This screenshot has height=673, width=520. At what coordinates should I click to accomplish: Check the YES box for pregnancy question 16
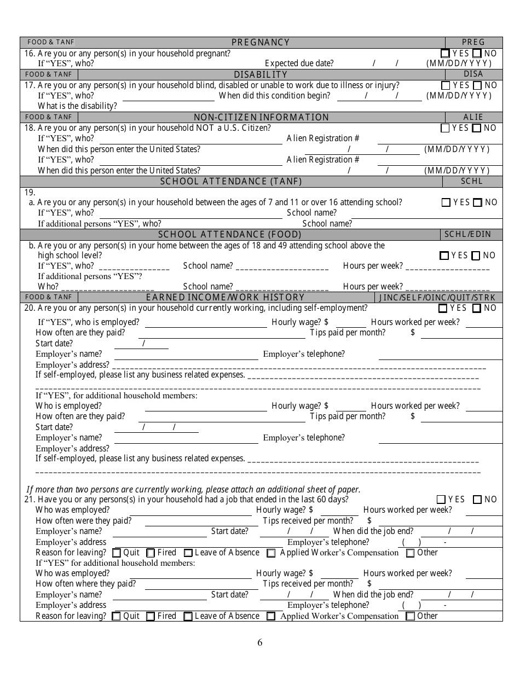click(x=445, y=54)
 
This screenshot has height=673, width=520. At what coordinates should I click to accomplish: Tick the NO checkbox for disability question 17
click(x=477, y=85)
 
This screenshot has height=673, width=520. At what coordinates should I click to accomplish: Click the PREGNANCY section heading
click(x=261, y=43)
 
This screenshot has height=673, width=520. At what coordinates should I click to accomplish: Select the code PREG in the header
click(x=473, y=43)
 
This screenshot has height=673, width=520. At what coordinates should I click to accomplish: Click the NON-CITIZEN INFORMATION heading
click(x=262, y=117)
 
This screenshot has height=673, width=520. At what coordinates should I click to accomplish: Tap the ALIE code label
click(x=473, y=117)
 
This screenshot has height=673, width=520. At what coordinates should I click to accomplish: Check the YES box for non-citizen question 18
click(x=445, y=128)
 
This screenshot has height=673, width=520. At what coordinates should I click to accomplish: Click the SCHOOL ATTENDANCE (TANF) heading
click(x=230, y=181)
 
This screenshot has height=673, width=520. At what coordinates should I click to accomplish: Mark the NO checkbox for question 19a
click(x=477, y=202)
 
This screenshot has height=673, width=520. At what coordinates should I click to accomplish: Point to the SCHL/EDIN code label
click(x=467, y=234)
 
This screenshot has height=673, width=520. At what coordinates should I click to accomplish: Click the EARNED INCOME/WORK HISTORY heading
click(x=225, y=298)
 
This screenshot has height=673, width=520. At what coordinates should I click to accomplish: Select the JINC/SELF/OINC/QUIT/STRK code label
click(x=438, y=298)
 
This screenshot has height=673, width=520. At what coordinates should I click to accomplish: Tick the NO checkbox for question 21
click(x=477, y=500)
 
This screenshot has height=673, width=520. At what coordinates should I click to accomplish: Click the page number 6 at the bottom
click(x=260, y=643)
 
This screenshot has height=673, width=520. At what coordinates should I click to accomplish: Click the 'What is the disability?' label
click(x=77, y=106)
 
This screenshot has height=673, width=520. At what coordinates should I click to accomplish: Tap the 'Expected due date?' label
click(x=299, y=63)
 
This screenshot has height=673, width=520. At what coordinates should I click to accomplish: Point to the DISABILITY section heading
click(x=261, y=74)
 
